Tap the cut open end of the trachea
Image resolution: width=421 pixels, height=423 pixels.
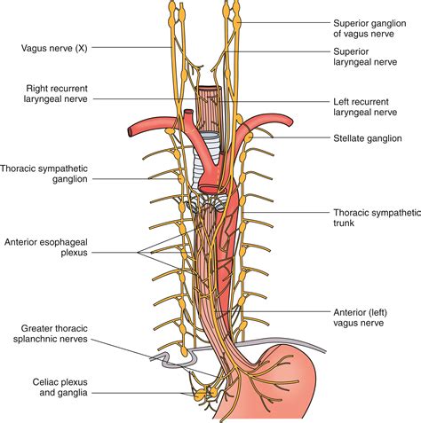[x=210, y=91]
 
